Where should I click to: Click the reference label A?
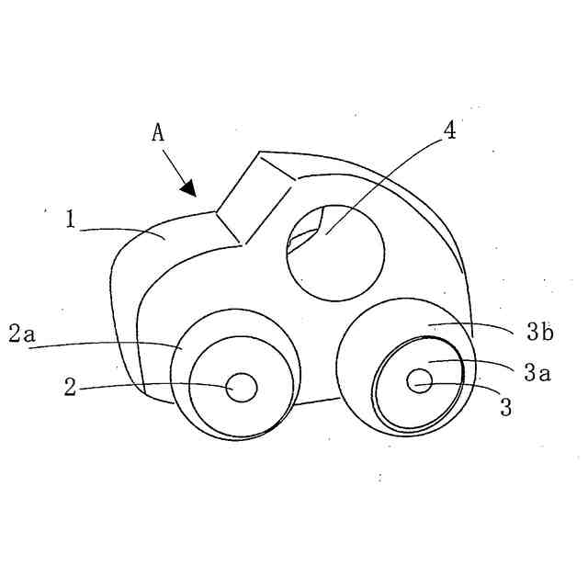pyautogui.click(x=158, y=133)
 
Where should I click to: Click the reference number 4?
pyautogui.click(x=449, y=130)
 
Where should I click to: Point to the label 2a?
pyautogui.click(x=21, y=334)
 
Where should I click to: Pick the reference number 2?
pyautogui.click(x=70, y=387)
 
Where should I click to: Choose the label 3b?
pyautogui.click(x=540, y=333)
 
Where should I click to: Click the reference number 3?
pyautogui.click(x=505, y=407)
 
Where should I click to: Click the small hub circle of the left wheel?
pyautogui.click(x=243, y=387)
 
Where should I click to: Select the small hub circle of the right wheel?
pyautogui.click(x=420, y=380)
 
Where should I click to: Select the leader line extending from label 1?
pyautogui.click(x=119, y=230)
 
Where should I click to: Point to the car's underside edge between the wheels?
pyautogui.click(x=318, y=401)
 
